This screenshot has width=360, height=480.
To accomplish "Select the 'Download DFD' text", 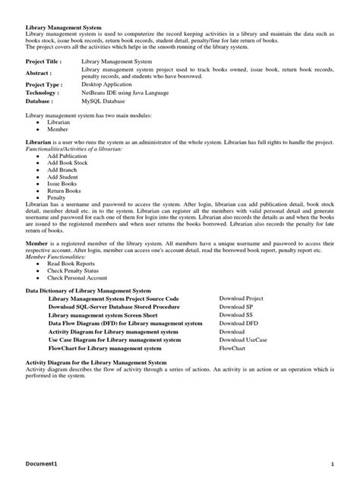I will [237, 324].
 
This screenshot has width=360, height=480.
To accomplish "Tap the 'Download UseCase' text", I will [243, 339].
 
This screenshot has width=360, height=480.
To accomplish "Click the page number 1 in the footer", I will [332, 463].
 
